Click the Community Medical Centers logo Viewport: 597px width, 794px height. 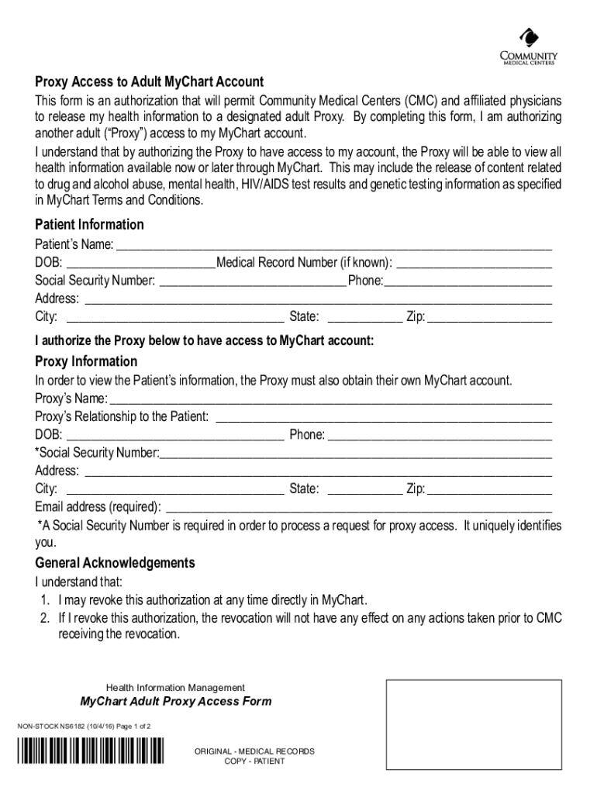pos(530,46)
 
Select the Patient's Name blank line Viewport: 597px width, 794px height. pos(333,244)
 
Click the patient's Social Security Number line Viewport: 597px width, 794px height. pos(253,280)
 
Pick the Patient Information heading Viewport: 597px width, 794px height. pos(90,225)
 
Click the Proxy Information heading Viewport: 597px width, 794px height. pos(87,362)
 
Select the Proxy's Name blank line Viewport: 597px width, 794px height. pos(331,398)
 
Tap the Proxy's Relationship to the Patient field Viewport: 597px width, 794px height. pos(383,416)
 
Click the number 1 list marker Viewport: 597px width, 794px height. pos(45,600)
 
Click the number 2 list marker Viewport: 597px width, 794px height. pos(45,618)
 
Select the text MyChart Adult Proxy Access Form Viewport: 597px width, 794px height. pos(177,702)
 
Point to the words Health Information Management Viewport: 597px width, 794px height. pos(175,688)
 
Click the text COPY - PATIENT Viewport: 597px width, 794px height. pos(254,761)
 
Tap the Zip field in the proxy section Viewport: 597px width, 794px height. pos(489,488)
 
